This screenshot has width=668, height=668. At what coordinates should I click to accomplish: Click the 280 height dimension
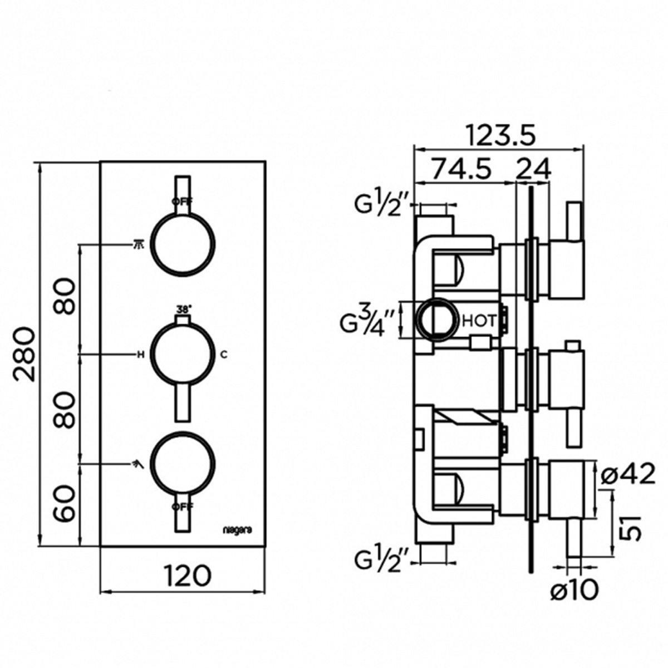click(x=25, y=354)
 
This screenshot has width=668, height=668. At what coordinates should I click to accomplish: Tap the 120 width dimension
click(x=187, y=575)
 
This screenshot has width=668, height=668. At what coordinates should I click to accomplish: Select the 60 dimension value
click(x=66, y=503)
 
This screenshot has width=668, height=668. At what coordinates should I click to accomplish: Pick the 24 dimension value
click(x=533, y=168)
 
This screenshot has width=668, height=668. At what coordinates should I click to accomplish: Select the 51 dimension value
click(x=630, y=526)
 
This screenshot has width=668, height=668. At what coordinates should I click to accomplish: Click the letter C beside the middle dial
click(x=223, y=354)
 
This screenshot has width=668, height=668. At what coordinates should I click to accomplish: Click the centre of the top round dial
click(x=183, y=244)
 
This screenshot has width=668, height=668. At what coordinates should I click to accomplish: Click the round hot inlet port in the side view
click(x=437, y=320)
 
